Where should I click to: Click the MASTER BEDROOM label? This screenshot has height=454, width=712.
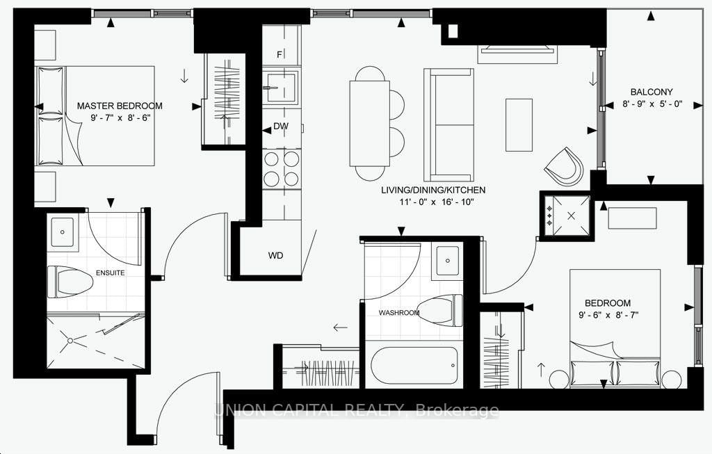120,106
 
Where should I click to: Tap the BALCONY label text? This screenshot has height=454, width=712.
652,92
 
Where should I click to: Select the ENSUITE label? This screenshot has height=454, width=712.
111,273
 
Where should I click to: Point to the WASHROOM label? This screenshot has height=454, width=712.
399,313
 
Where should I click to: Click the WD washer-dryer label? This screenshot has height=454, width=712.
276,255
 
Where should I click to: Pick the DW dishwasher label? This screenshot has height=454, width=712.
281,127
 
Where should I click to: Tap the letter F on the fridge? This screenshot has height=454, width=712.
280,54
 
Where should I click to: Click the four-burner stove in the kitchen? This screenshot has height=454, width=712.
282,168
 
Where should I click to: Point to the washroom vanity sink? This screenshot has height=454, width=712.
446,261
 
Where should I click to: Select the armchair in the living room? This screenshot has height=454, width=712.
564,168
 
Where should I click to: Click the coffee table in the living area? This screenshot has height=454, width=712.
518,124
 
